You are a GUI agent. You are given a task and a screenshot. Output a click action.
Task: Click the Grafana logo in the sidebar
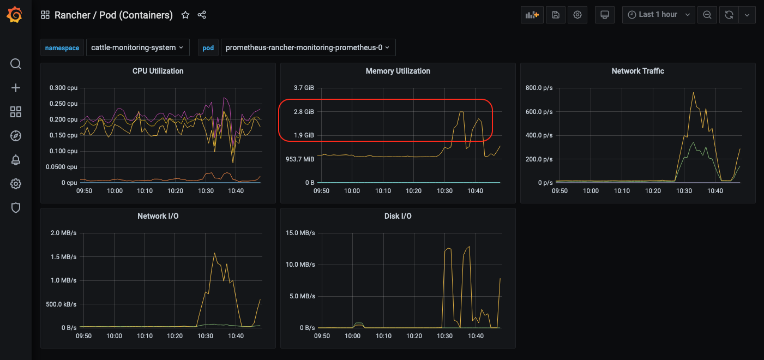(x=15, y=15)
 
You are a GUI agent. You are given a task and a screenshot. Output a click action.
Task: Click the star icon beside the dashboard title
(x=185, y=15)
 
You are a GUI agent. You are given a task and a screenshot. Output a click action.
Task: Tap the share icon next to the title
(x=202, y=15)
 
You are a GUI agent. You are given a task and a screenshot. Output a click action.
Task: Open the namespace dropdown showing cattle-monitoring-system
(x=137, y=47)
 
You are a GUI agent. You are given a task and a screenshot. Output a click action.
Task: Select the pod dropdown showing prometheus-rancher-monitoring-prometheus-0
(x=308, y=47)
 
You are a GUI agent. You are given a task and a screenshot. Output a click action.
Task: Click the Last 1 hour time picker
(x=658, y=15)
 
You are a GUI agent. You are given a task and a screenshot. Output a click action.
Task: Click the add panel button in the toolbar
(x=532, y=15)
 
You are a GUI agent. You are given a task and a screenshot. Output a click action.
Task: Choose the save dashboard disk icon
(x=555, y=15)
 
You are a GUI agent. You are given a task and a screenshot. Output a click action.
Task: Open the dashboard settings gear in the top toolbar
(x=577, y=15)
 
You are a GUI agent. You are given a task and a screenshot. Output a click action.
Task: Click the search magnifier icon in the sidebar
(x=16, y=64)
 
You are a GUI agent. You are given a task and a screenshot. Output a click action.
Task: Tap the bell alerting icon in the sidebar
(x=16, y=160)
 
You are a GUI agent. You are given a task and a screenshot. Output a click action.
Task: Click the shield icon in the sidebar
(x=16, y=208)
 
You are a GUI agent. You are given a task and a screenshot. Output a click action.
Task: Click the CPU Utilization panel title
(x=158, y=71)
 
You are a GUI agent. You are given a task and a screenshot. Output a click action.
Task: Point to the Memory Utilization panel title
(x=398, y=71)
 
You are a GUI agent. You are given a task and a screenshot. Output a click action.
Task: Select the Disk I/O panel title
(x=398, y=216)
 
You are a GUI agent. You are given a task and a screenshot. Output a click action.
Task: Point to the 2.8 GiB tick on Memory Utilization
(x=304, y=112)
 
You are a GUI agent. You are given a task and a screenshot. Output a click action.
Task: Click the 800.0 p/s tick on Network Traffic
(x=539, y=88)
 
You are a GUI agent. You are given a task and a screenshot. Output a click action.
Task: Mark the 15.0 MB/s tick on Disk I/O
(x=300, y=233)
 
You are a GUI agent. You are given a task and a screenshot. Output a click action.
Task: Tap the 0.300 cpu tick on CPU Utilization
(x=63, y=88)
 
